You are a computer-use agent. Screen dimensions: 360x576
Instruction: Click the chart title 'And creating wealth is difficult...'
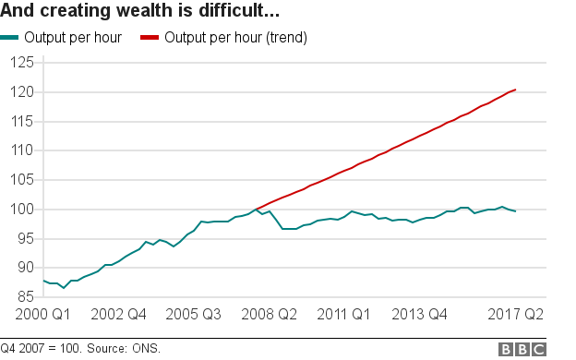point(141,13)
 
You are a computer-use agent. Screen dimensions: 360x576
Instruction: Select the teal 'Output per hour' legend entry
point(64,39)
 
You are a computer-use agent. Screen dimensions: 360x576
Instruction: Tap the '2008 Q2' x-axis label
point(269,315)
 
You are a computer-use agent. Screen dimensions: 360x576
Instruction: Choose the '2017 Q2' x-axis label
point(514,315)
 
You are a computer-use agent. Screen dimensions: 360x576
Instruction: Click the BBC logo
point(522,349)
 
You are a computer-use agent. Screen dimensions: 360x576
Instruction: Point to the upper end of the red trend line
point(515,90)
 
